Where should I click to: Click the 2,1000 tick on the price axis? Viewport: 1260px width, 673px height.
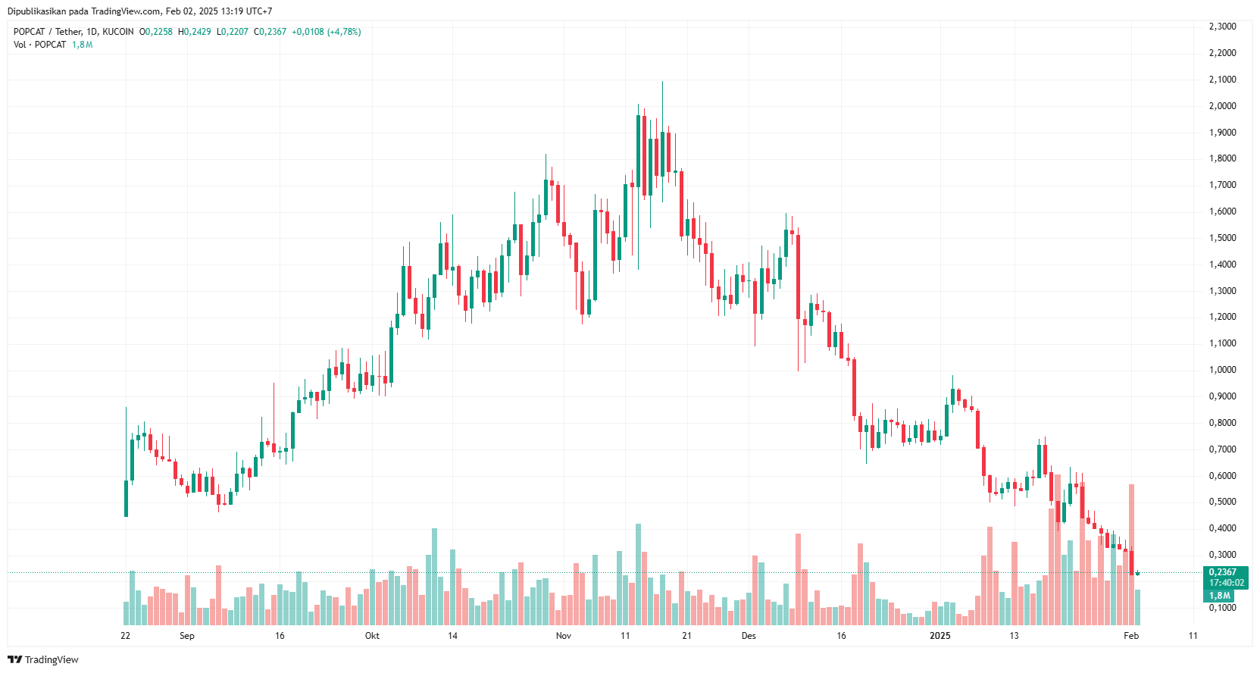[x=1222, y=80]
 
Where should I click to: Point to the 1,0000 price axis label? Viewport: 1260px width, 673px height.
[x=1222, y=370]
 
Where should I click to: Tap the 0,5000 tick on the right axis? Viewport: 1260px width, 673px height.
[x=1222, y=502]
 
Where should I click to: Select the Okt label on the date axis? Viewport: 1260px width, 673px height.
[x=372, y=636]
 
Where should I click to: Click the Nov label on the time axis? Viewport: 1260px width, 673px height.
[x=563, y=636]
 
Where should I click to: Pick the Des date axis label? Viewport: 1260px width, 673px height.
[x=749, y=636]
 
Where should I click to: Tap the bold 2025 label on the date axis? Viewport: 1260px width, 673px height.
[x=940, y=636]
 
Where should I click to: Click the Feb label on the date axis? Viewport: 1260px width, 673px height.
[x=1130, y=636]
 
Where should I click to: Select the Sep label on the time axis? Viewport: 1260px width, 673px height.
[x=186, y=636]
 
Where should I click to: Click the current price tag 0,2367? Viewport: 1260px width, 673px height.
[x=1223, y=572]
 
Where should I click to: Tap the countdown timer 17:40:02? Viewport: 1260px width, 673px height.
[x=1226, y=583]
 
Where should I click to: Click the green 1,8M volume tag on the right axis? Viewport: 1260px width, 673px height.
[x=1219, y=596]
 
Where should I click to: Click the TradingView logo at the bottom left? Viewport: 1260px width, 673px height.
[x=43, y=659]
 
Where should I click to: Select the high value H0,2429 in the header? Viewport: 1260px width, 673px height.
[x=195, y=32]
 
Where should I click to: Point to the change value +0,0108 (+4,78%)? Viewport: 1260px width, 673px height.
[x=326, y=32]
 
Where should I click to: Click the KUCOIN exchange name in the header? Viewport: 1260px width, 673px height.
[x=118, y=32]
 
